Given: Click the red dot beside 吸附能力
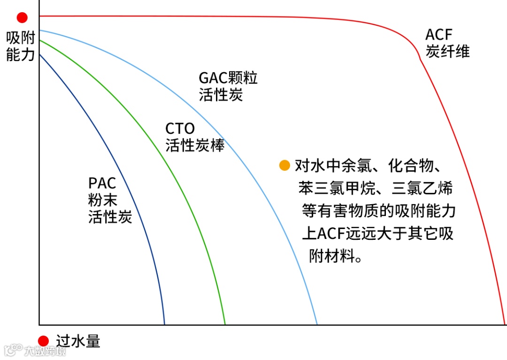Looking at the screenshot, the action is (22, 18).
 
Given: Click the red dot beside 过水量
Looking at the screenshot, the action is (44, 341).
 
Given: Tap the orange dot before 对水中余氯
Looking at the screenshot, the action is (284, 165).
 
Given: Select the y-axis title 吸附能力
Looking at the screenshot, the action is (21, 46).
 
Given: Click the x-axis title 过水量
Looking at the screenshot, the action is (78, 341).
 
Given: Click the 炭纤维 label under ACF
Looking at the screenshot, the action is (447, 51).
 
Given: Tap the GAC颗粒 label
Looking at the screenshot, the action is (228, 78).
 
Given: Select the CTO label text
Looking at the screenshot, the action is (180, 129).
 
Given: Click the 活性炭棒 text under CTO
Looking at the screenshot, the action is (195, 146).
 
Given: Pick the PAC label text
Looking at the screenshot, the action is (102, 183).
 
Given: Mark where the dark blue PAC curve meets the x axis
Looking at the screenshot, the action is (164, 324).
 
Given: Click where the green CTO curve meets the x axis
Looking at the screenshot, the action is (225, 324).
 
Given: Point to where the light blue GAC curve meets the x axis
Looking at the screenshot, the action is (317, 324).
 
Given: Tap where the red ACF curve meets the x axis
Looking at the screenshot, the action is (505, 324).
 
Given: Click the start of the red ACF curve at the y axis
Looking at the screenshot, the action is (40, 16).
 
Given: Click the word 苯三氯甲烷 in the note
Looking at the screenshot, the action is (336, 189).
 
